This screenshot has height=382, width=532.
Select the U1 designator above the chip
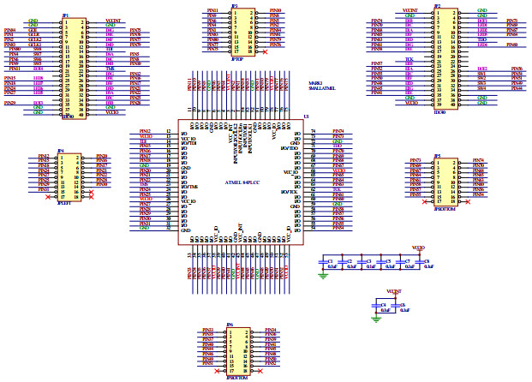point(307,116)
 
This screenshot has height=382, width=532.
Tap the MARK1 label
point(315,83)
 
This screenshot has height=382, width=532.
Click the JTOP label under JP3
point(236,58)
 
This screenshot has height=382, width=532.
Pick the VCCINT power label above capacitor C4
point(395,291)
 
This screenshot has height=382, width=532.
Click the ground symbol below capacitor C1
point(324,276)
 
